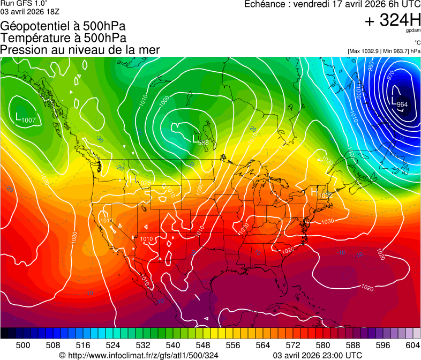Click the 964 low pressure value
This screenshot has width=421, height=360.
(x=403, y=104)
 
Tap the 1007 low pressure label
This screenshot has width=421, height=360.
(x=28, y=120)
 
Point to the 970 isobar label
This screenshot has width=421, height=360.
(x=391, y=73)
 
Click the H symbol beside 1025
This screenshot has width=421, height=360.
(x=132, y=179)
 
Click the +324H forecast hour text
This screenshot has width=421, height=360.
(x=392, y=21)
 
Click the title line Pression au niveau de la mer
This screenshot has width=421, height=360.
(x=80, y=50)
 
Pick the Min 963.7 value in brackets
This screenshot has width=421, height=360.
(x=400, y=51)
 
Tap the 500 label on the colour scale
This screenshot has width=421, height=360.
(x=23, y=344)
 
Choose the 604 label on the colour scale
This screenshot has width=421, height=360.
(x=413, y=344)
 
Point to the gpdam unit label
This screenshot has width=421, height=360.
(x=412, y=32)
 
